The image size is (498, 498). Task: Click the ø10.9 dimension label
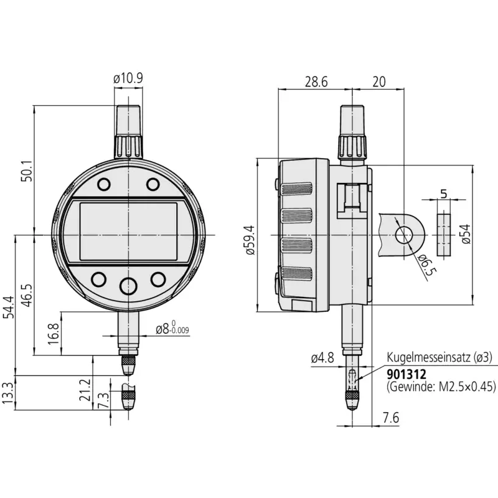[128, 78]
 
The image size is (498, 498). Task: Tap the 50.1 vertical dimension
[27, 171]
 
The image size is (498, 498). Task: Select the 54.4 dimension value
[9, 307]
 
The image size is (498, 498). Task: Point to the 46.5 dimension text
[27, 295]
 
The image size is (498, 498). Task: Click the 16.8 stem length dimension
[54, 334]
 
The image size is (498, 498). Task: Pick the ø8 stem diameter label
[172, 328]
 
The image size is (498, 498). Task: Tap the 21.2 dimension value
[86, 390]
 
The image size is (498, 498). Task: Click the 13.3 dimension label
[7, 393]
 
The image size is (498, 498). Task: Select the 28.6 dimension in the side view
[316, 82]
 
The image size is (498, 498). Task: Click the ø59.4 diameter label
[250, 240]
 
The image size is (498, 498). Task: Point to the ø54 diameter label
[466, 234]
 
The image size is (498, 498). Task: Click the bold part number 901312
[406, 375]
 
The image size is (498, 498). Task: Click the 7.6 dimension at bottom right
[391, 418]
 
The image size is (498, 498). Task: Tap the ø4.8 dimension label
[322, 359]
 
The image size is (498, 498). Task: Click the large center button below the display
[128, 286]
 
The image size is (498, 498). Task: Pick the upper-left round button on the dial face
[104, 184]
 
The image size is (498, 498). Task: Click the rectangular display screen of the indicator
[128, 232]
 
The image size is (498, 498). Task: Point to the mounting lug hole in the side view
[403, 235]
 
